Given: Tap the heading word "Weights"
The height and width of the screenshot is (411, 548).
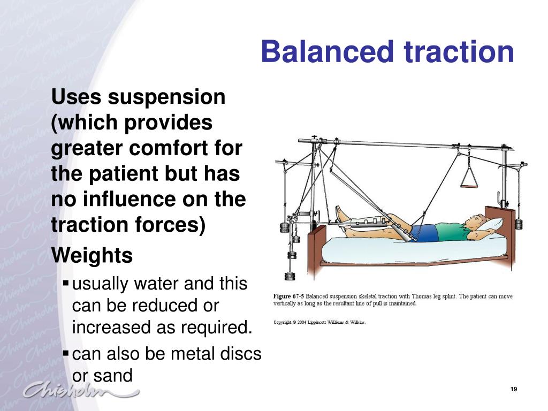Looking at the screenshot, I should pyautogui.click(x=92, y=255).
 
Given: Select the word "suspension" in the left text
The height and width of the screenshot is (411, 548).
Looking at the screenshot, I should pyautogui.click(x=167, y=97).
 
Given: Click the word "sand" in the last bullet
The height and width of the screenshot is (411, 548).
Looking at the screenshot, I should pyautogui.click(x=112, y=376).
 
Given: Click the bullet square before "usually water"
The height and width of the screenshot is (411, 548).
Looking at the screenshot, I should pyautogui.click(x=65, y=283).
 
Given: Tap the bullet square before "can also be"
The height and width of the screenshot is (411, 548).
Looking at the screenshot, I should pyautogui.click(x=65, y=354).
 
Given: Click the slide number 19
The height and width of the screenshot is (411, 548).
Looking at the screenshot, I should pyautogui.click(x=514, y=389).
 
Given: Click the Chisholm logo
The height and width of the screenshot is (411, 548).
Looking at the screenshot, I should pyautogui.click(x=80, y=390).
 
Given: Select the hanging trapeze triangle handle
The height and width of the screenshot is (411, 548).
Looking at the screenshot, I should pyautogui.click(x=470, y=179).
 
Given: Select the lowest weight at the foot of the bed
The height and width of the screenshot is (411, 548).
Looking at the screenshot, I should pyautogui.click(x=290, y=276).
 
